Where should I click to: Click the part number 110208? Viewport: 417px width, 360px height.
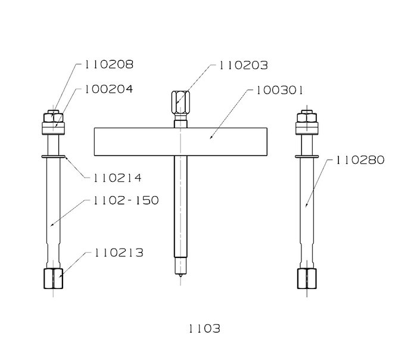(x=109, y=64)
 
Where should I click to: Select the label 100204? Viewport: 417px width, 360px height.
(x=109, y=89)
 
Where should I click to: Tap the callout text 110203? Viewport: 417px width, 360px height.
(x=243, y=66)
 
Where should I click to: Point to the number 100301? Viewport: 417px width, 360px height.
(x=279, y=91)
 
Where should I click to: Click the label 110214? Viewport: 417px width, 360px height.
(x=117, y=178)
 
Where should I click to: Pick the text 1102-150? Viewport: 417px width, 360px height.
(x=126, y=200)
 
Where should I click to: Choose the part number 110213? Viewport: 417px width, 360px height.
(x=119, y=253)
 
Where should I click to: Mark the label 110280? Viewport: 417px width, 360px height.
(x=360, y=160)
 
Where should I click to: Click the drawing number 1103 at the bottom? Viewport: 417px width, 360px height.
(x=204, y=329)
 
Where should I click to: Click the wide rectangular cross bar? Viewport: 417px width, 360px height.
(x=181, y=141)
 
